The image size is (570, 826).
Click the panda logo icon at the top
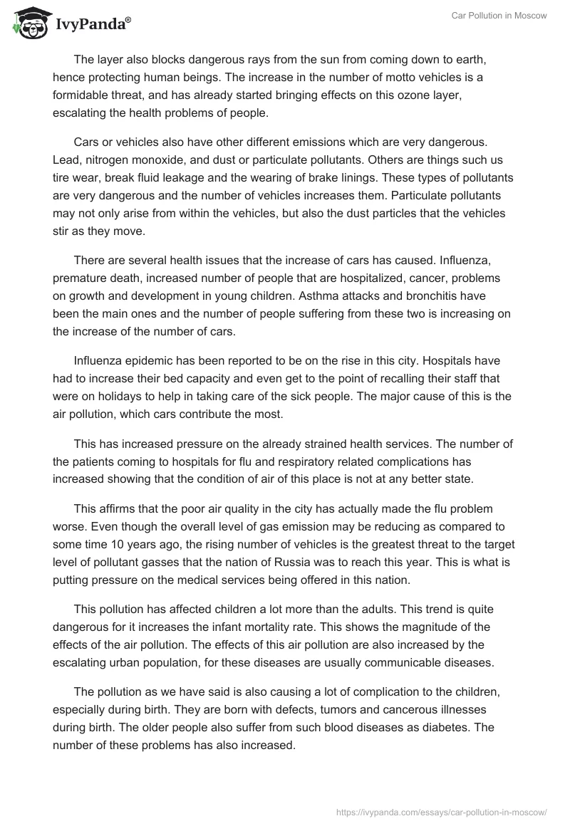(x=27, y=23)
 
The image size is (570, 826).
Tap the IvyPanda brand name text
(x=90, y=24)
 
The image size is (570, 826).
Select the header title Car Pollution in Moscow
(x=499, y=16)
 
